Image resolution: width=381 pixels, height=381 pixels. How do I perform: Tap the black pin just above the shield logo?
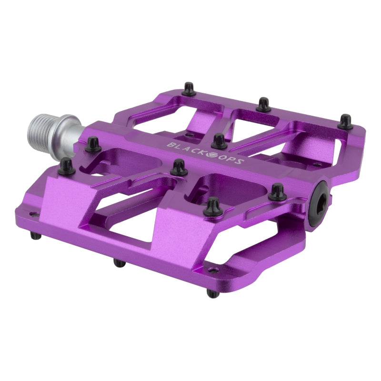pyautogui.click(x=219, y=141)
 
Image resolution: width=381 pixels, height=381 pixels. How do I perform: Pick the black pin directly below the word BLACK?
pyautogui.click(x=179, y=167)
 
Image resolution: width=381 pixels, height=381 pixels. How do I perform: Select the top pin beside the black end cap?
pyautogui.click(x=277, y=191)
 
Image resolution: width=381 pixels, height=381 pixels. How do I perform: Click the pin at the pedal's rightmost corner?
pyautogui.click(x=345, y=121)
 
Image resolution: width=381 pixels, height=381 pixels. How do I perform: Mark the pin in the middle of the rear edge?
pyautogui.click(x=263, y=104)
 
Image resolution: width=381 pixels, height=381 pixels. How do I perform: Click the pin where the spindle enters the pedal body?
pyautogui.click(x=91, y=143)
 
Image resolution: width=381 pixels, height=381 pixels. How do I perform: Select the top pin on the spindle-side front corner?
pyautogui.click(x=67, y=165)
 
